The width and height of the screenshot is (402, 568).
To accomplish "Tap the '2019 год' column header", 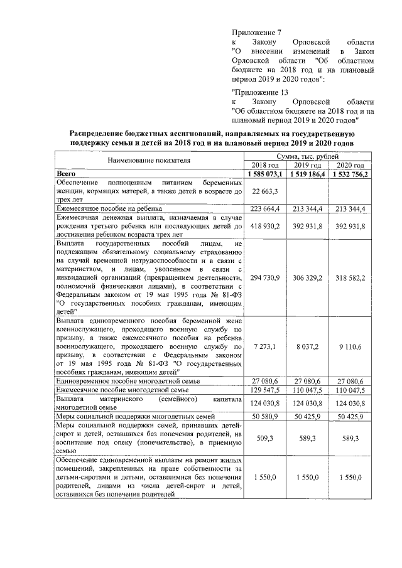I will [307, 164].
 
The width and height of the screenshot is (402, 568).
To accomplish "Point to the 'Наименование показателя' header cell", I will [148, 160].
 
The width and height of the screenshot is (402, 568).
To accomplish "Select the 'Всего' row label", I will [67, 173].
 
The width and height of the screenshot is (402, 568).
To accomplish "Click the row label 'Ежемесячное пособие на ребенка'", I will [109, 208].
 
